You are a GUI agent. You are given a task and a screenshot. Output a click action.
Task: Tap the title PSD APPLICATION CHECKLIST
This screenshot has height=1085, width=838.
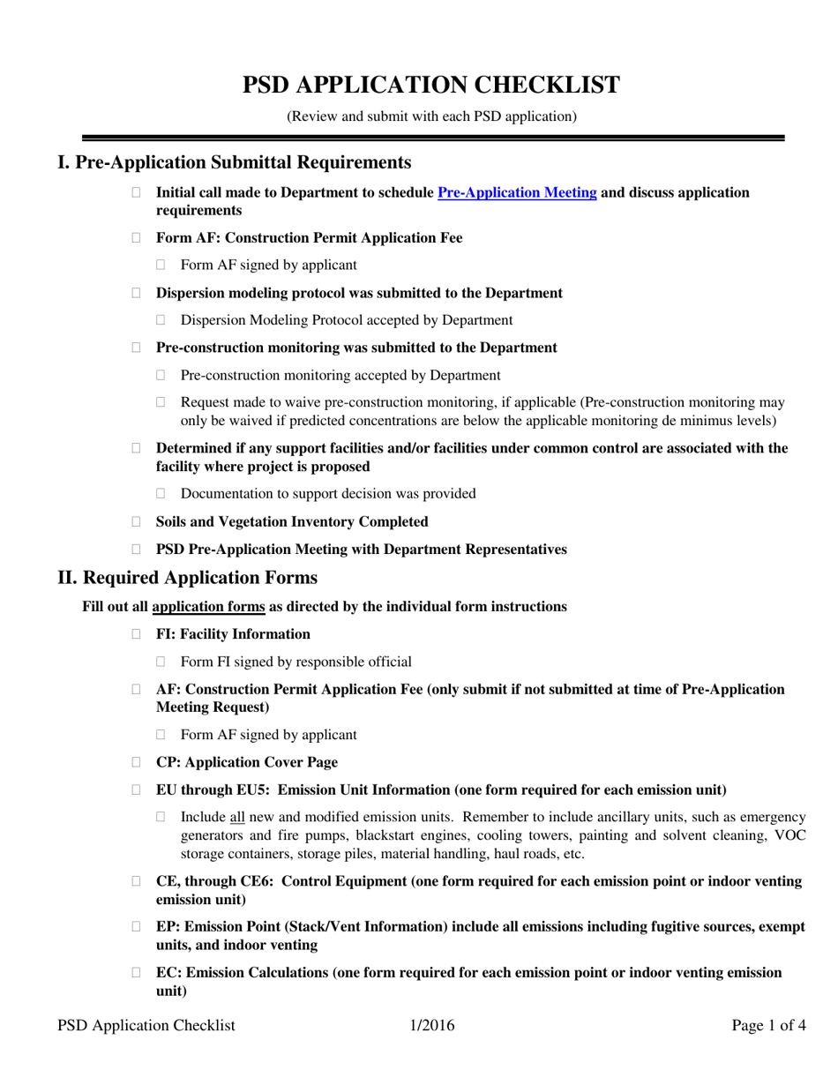click(431, 86)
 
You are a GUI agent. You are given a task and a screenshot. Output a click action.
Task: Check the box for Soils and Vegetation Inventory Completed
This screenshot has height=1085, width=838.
click(136, 522)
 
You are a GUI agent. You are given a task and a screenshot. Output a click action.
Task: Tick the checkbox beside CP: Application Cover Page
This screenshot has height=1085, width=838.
click(136, 762)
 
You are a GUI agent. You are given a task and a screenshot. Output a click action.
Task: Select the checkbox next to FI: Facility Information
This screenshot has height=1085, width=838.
click(136, 634)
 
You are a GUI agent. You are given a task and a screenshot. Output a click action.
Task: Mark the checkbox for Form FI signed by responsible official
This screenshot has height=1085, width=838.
click(161, 662)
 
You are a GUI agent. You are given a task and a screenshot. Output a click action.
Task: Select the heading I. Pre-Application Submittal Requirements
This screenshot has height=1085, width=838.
click(234, 162)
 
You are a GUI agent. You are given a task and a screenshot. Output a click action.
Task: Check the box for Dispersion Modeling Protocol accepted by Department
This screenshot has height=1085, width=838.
click(161, 321)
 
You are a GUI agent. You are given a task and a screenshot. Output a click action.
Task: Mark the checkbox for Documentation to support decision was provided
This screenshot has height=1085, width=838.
click(161, 494)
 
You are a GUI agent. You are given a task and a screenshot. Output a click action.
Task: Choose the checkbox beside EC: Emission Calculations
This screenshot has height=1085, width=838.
click(136, 973)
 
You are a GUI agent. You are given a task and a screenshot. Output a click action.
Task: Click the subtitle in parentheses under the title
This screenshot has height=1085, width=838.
click(431, 116)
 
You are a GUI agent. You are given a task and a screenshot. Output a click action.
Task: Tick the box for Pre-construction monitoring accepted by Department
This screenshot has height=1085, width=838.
click(161, 376)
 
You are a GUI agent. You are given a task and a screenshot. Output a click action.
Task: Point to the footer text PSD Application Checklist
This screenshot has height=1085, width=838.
click(146, 1025)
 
